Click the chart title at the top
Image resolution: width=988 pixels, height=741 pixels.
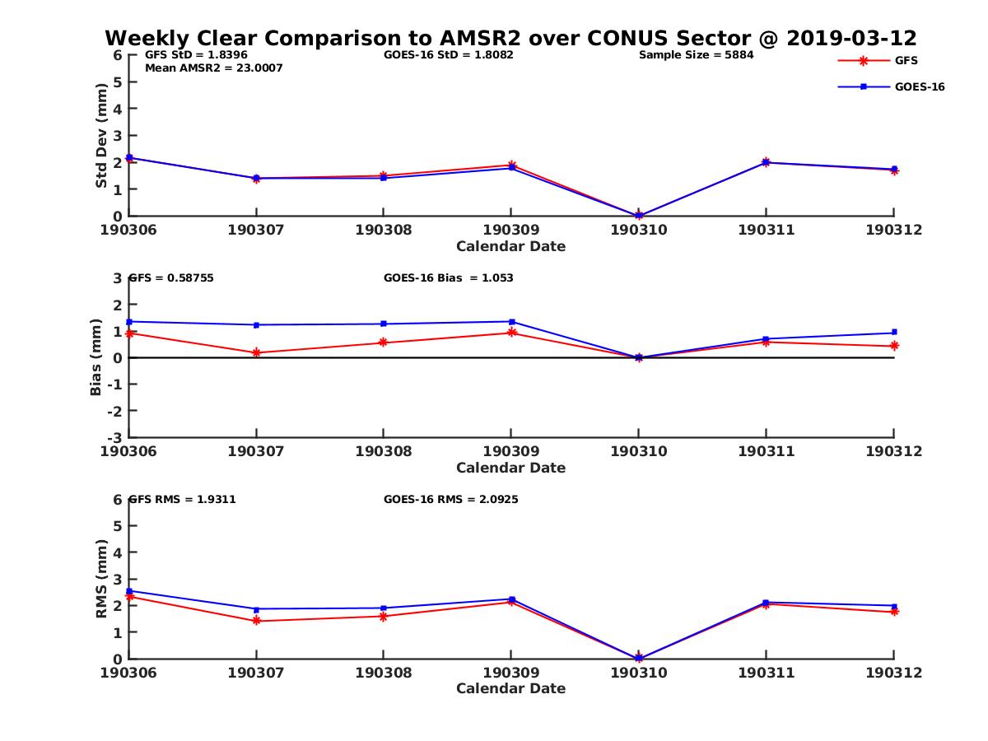point(510,38)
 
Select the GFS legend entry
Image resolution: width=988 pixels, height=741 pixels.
point(906,60)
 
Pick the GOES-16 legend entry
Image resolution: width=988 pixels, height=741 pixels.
point(919,86)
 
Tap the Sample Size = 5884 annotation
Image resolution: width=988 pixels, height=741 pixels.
point(696,55)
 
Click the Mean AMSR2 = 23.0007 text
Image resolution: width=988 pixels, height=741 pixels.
point(213,68)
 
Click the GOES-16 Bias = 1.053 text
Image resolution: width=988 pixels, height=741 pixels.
point(448,277)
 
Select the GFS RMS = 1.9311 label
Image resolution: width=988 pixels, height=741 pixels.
point(182,499)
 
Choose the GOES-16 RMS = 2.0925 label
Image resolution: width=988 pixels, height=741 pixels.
point(450,499)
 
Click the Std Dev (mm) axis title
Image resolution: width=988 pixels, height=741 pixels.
point(101,135)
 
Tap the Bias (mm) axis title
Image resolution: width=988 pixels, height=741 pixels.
point(96,357)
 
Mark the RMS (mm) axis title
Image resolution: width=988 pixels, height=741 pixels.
point(101,579)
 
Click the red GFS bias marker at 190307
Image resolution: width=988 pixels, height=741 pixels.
point(256,352)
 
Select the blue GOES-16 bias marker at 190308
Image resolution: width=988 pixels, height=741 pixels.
point(383,324)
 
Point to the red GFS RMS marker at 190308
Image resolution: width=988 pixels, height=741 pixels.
point(383,616)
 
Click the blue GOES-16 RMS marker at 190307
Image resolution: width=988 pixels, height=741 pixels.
point(256,609)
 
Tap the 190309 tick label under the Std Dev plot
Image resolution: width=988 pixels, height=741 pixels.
point(510,230)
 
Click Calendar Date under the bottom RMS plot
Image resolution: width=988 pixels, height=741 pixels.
point(510,688)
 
